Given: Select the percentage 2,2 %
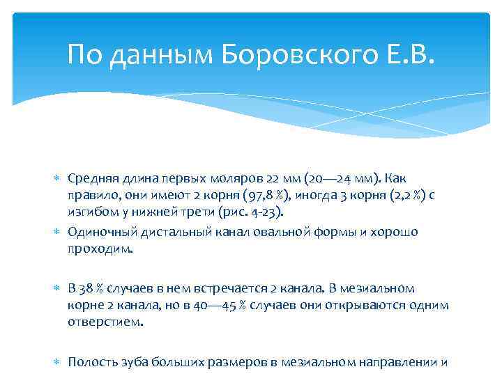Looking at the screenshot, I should click(x=402, y=195).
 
